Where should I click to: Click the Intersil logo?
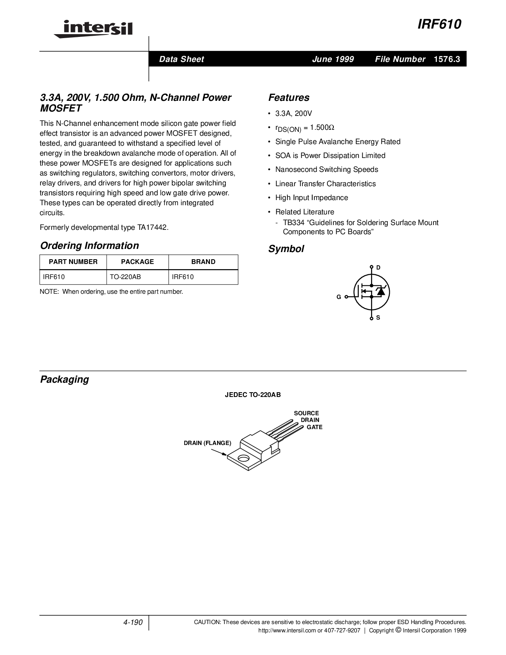93,29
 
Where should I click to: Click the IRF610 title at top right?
439,25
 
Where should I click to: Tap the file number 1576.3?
447,59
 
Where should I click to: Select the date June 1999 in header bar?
333,59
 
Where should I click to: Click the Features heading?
289,98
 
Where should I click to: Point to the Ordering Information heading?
89,246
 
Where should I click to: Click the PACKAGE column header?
137,262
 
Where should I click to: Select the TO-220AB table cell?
125,277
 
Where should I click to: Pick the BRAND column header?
203,262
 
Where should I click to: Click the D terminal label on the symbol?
378,268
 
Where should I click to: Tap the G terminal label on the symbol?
339,297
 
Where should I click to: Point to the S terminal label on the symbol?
378,318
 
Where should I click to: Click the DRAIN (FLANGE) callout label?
207,443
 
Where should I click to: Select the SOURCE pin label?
306,413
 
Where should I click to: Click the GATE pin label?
314,427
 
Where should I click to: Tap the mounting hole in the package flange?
242,458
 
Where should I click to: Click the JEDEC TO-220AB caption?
253,395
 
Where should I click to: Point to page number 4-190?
133,622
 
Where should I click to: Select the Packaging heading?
64,380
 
